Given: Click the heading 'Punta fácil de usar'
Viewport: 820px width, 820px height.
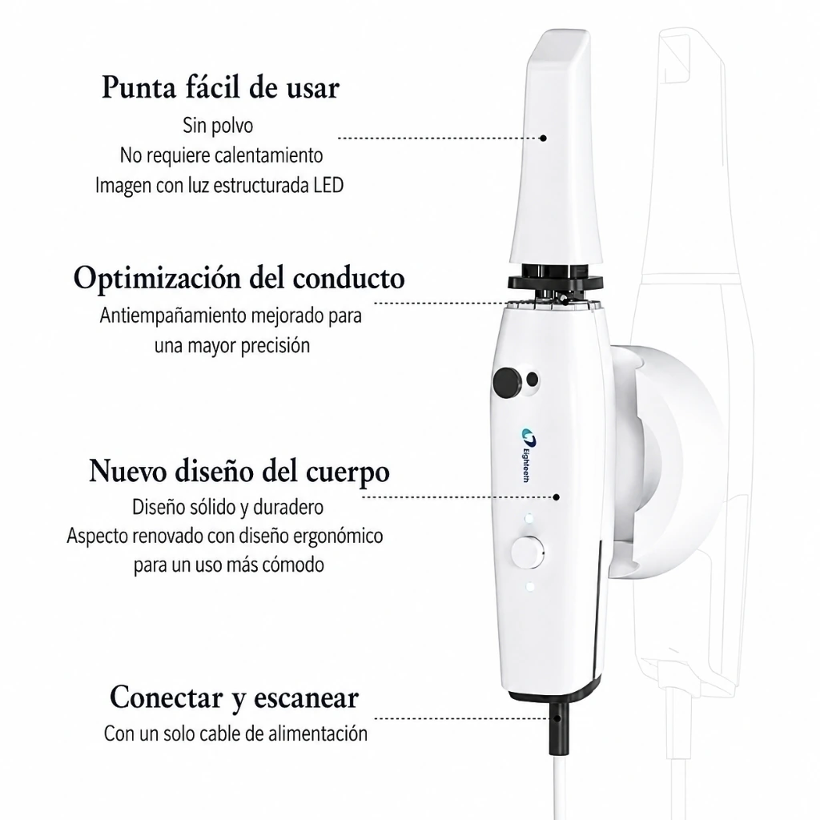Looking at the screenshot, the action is pos(220,87).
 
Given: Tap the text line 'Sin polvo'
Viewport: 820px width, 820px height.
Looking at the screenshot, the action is pos(218,126).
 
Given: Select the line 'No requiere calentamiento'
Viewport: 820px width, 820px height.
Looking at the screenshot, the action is pos(221,155).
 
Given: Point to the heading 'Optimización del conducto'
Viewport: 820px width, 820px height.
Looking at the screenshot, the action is pos(239,278).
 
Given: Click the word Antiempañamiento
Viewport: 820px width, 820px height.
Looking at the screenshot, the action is pos(173,316).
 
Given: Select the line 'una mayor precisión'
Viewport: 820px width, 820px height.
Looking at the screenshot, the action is pos(231,346).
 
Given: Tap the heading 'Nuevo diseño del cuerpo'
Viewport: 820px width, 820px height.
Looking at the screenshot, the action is pos(239,471).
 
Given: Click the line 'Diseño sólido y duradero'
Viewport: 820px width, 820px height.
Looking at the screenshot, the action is pos(227,507).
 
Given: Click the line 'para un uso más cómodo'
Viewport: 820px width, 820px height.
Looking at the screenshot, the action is pos(228,565).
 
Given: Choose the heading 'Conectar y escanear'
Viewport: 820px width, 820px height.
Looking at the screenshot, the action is pos(235,697).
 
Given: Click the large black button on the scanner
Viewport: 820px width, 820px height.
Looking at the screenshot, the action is pos(507,382).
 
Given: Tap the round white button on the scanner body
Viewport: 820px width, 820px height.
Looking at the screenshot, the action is pos(527,553).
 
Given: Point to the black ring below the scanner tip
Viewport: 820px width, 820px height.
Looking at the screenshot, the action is pos(555,283).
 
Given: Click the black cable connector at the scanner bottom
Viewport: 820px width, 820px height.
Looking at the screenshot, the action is pos(557,728).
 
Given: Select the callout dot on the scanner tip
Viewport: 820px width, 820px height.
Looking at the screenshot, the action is pos(543,138).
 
